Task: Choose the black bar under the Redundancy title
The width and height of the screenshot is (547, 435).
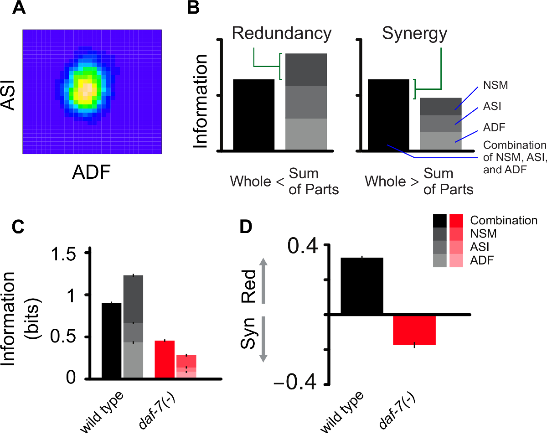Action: (x=254, y=115)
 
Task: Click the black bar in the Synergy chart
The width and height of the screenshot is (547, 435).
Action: (x=388, y=115)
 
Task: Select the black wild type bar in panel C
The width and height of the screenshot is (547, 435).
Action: (x=112, y=340)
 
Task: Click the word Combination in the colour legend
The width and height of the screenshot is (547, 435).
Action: (x=504, y=220)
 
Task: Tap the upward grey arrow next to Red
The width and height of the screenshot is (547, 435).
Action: (x=263, y=280)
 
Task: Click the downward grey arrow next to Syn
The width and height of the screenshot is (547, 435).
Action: (x=263, y=340)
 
